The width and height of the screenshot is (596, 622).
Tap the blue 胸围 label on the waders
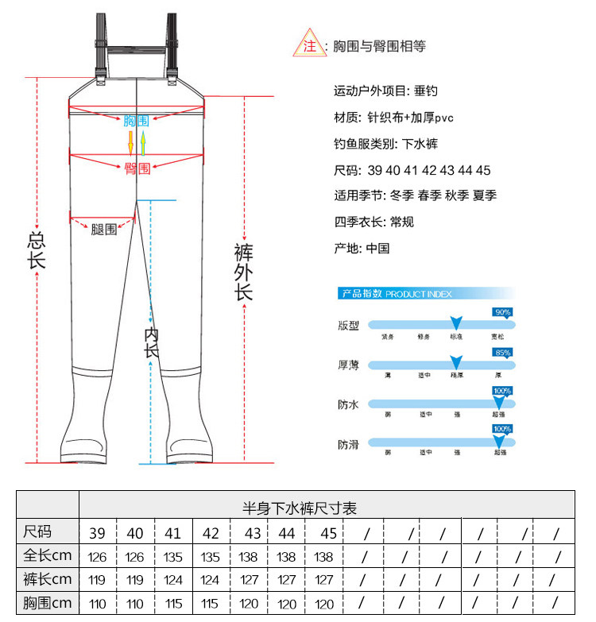pos(136,121)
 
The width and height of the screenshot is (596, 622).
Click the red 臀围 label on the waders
pos(137,168)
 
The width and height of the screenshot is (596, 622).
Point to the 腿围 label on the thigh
pos(103,229)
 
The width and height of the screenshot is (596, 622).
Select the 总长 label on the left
pos(37,250)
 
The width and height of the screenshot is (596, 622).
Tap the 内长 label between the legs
pos(152,343)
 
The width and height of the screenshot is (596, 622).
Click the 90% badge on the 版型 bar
pos(502,312)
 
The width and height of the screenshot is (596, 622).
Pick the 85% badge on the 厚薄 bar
pos(502,352)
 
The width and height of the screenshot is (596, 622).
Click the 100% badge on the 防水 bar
pos(502,391)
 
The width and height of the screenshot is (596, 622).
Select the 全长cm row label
pos(48,555)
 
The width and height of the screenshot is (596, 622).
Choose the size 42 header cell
pos(211,533)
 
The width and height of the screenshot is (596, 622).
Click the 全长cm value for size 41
pos(173,557)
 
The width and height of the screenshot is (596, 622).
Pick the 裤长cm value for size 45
pos(324,581)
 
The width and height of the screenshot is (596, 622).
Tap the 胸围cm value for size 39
pos(98,605)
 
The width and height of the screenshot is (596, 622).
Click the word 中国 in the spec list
pos(377,249)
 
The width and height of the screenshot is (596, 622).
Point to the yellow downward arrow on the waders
pos(131,144)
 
